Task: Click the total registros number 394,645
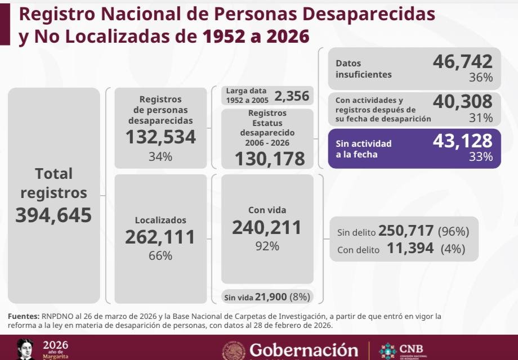pyautogui.click(x=53, y=215)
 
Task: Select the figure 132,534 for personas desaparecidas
pyautogui.click(x=160, y=137)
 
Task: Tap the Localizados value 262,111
pyautogui.click(x=160, y=237)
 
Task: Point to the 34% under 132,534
pyautogui.click(x=160, y=157)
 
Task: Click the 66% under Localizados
pyautogui.click(x=160, y=256)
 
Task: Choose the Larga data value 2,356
pyautogui.click(x=292, y=96)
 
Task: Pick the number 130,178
pyautogui.click(x=270, y=159)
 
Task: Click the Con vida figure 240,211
pyautogui.click(x=267, y=227)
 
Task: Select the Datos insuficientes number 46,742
pyautogui.click(x=462, y=61)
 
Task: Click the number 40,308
pyautogui.click(x=462, y=101)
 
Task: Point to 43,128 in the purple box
pyautogui.click(x=462, y=141)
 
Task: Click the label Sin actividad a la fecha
pyautogui.click(x=363, y=148)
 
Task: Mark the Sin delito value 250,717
pyautogui.click(x=406, y=231)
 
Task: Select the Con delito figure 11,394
pyautogui.click(x=410, y=249)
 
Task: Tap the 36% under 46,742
pyautogui.click(x=481, y=78)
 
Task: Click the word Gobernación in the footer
pyautogui.click(x=303, y=350)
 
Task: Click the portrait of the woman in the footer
pyautogui.click(x=25, y=349)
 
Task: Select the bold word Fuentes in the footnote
pyautogui.click(x=23, y=317)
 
